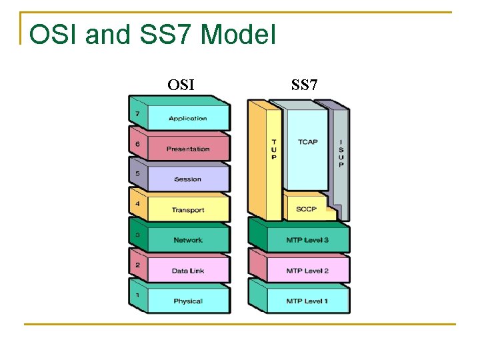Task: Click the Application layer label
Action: pyautogui.click(x=187, y=119)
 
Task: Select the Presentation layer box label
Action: pyautogui.click(x=187, y=149)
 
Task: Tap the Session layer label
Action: pyautogui.click(x=187, y=179)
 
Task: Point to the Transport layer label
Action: pyautogui.click(x=187, y=210)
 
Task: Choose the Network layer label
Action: pyautogui.click(x=187, y=240)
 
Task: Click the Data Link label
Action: pyautogui.click(x=187, y=271)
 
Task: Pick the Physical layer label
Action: pyautogui.click(x=187, y=301)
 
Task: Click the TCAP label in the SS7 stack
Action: pyautogui.click(x=307, y=142)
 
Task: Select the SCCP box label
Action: pyautogui.click(x=307, y=209)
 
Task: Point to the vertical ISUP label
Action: pyautogui.click(x=341, y=153)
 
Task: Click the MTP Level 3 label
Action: pyautogui.click(x=307, y=240)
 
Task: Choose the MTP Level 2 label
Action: pyautogui.click(x=307, y=271)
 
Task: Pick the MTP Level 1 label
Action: pyautogui.click(x=307, y=301)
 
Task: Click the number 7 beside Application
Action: pyautogui.click(x=137, y=113)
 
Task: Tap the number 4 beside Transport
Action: pyautogui.click(x=137, y=204)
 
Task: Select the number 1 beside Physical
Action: pyautogui.click(x=137, y=295)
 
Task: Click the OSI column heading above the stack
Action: pyautogui.click(x=181, y=85)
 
